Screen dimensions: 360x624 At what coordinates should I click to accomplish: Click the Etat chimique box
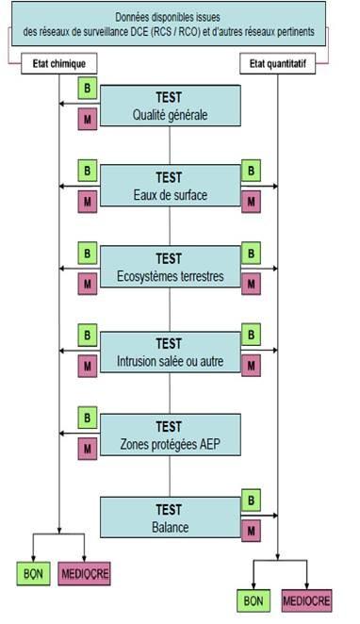59,64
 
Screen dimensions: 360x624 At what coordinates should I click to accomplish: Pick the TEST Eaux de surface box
170,187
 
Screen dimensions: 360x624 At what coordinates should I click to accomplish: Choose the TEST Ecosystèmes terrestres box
170,268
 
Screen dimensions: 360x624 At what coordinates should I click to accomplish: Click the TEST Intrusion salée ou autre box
170,352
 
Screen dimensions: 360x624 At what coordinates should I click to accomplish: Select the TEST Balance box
170,516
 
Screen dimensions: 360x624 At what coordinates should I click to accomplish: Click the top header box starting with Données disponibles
170,25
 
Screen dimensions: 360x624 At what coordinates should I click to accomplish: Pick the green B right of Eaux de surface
252,172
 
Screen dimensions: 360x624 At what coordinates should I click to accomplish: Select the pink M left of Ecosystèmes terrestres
87,283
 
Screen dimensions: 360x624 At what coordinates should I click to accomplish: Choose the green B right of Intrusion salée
252,336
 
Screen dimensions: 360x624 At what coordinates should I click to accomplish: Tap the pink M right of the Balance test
252,531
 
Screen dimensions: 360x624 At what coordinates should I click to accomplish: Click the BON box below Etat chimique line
33,572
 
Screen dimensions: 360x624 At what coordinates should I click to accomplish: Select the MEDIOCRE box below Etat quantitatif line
307,599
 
